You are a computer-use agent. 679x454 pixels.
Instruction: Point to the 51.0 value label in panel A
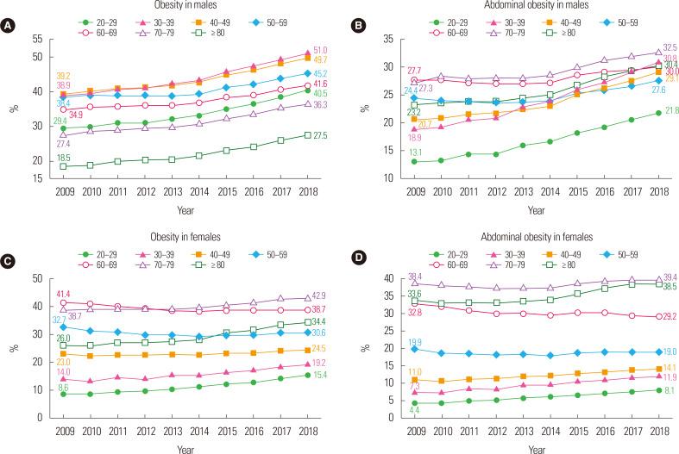[x=319, y=51]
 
